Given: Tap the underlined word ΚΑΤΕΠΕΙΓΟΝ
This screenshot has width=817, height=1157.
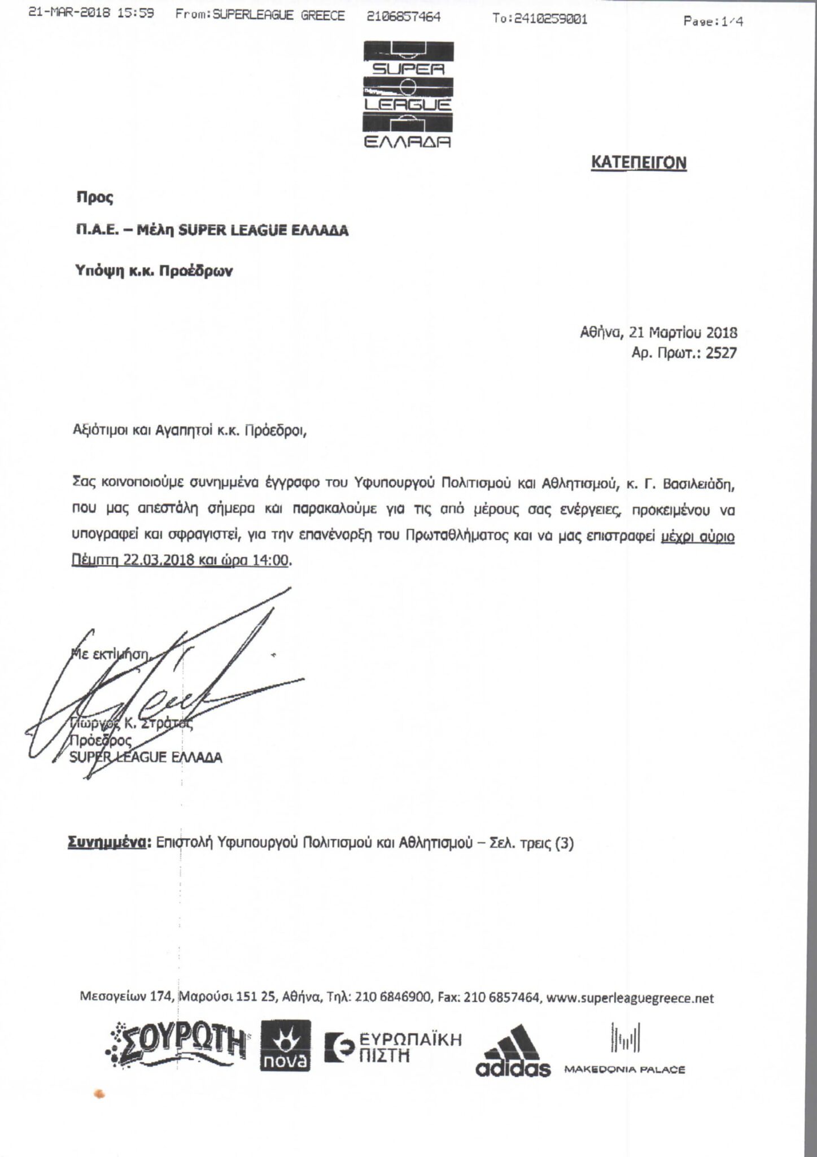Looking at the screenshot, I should (x=639, y=163).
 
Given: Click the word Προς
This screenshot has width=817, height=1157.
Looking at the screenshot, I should (x=95, y=197).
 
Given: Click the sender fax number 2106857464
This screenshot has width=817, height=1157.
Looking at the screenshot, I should (x=403, y=16).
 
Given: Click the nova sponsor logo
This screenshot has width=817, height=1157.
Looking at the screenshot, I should (x=285, y=1045).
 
